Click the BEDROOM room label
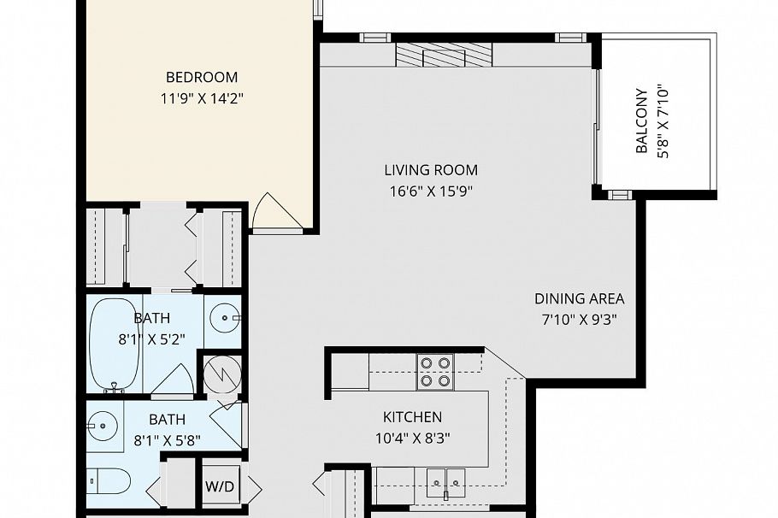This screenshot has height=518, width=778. (202, 77)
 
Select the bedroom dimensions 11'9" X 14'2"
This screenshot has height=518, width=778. (202, 97)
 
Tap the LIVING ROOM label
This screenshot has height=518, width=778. (431, 170)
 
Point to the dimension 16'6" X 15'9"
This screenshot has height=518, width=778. (431, 191)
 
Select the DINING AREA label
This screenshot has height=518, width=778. (579, 299)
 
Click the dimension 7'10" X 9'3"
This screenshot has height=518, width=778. (579, 320)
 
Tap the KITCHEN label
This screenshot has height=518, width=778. (412, 417)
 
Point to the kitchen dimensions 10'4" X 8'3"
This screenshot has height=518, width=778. (412, 438)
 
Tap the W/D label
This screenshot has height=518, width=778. (220, 486)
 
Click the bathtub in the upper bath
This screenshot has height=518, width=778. (115, 344)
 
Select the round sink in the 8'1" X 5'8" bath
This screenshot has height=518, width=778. (104, 424)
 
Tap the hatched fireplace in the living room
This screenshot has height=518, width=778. (444, 55)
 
